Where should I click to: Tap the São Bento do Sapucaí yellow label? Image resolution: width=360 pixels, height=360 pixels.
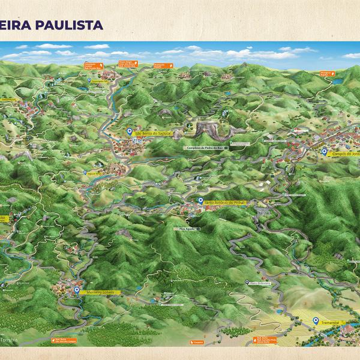point(154,133)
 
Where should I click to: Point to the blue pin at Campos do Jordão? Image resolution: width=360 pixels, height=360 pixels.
point(325,152)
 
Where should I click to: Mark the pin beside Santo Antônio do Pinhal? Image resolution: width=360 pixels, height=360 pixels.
point(200,202)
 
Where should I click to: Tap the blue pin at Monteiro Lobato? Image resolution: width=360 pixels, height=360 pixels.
point(77,290)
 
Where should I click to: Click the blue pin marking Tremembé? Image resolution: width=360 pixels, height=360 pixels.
point(316,321)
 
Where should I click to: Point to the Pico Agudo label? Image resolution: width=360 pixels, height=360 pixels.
point(188,229)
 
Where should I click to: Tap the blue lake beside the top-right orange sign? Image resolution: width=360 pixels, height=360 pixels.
point(338,80)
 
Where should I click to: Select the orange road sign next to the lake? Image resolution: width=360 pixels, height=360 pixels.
point(327,73)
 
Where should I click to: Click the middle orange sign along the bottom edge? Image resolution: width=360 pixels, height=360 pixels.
point(198,342)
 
